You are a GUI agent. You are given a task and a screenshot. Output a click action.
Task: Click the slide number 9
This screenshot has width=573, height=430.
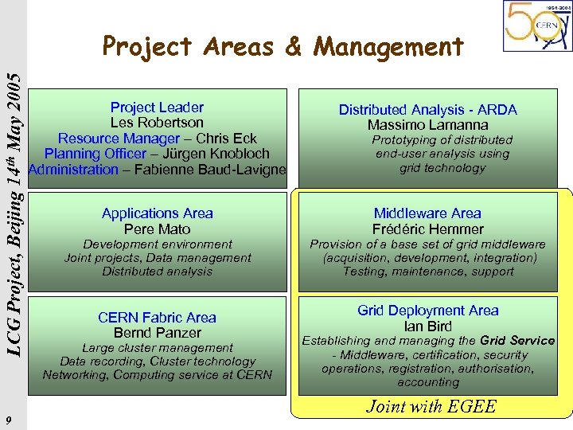(7, 420)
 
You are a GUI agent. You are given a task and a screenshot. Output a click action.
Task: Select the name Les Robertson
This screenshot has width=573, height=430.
(157, 123)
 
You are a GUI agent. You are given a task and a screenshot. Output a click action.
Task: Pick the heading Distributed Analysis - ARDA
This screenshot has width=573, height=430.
(427, 110)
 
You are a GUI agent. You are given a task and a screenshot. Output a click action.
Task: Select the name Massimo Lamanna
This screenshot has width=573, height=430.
(427, 125)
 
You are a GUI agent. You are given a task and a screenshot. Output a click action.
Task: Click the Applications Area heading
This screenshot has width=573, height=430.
(157, 213)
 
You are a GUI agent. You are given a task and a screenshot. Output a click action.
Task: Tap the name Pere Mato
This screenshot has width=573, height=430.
(157, 229)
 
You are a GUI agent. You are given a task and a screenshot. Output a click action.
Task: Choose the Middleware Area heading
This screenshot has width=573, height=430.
(427, 213)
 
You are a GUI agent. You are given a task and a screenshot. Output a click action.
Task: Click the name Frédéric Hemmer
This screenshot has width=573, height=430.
(427, 229)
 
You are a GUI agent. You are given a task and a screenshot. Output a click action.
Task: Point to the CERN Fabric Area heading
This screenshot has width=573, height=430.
(157, 318)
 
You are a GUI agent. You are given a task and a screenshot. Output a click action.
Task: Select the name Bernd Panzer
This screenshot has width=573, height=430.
(157, 333)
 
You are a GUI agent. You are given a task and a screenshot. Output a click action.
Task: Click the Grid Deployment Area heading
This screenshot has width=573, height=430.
(427, 311)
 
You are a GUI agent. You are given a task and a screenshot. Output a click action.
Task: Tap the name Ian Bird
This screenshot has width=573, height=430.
(427, 326)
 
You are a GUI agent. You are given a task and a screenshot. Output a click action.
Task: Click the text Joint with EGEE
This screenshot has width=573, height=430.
(431, 407)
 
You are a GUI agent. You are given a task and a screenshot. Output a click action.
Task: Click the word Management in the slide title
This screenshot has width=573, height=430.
(388, 48)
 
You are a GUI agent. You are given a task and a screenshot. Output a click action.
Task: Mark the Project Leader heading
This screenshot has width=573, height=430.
(157, 107)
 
